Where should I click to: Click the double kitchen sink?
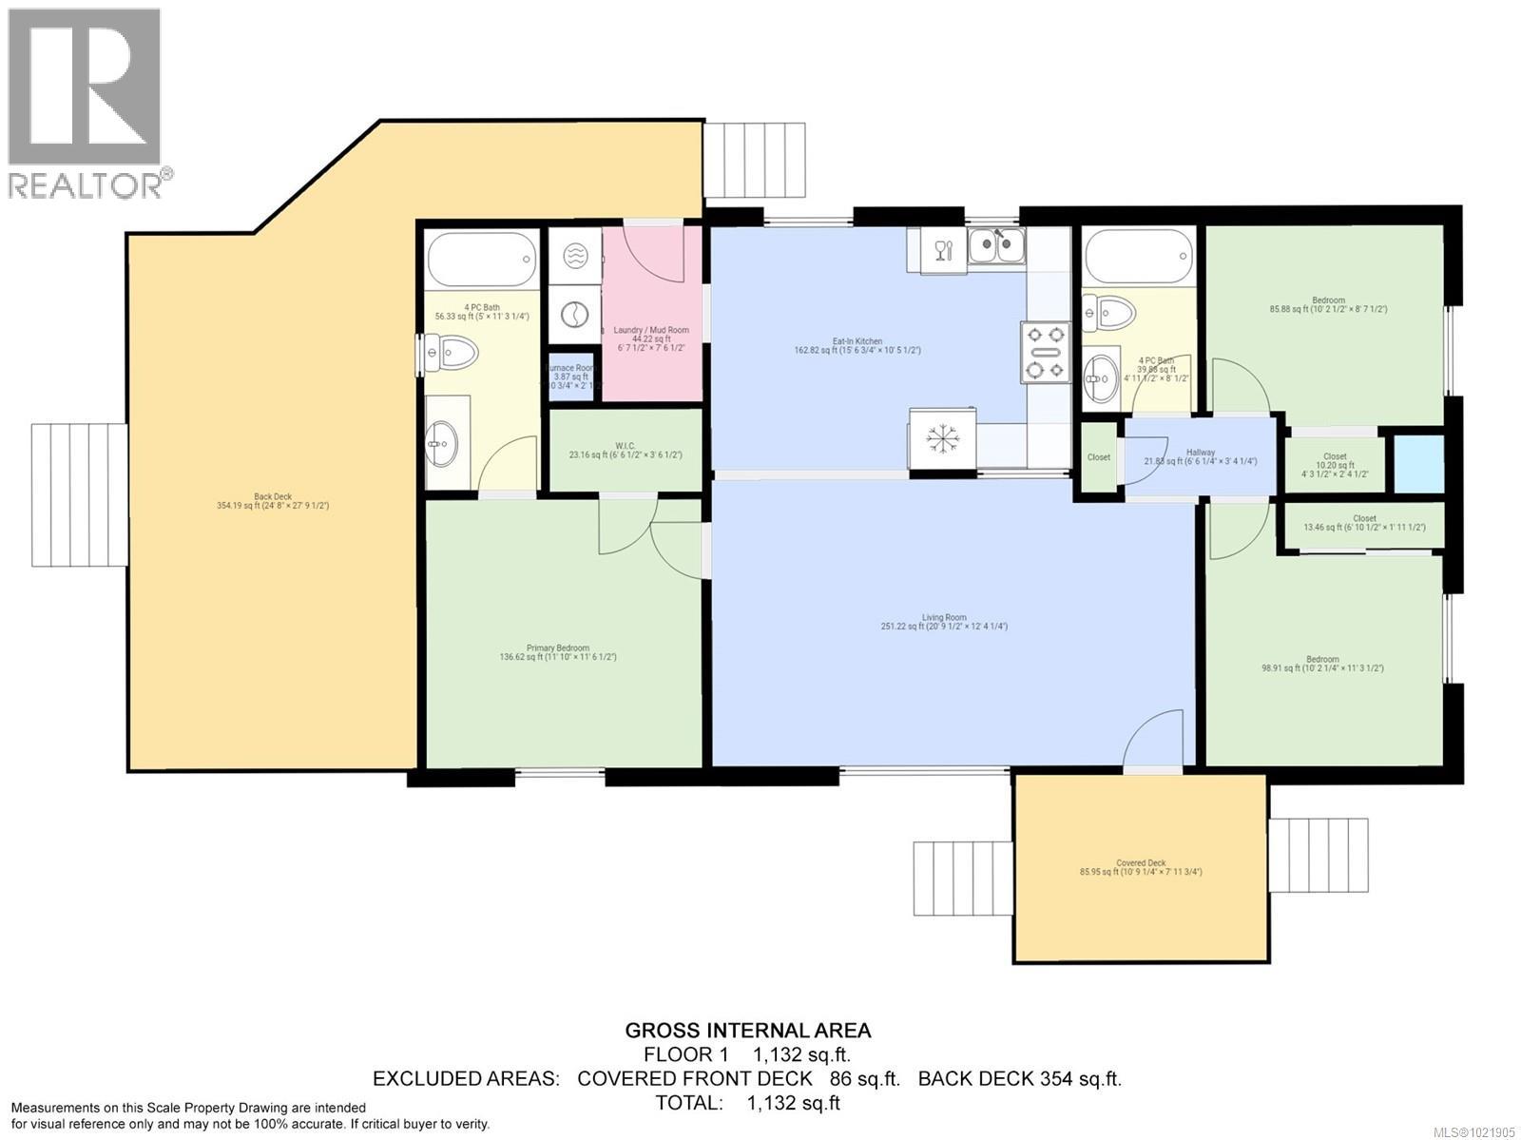(x=996, y=245)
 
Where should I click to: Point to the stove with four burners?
(x=1046, y=353)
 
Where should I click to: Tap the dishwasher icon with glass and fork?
(x=942, y=251)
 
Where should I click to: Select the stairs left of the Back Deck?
(x=79, y=494)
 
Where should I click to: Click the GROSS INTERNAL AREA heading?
(x=747, y=1030)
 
